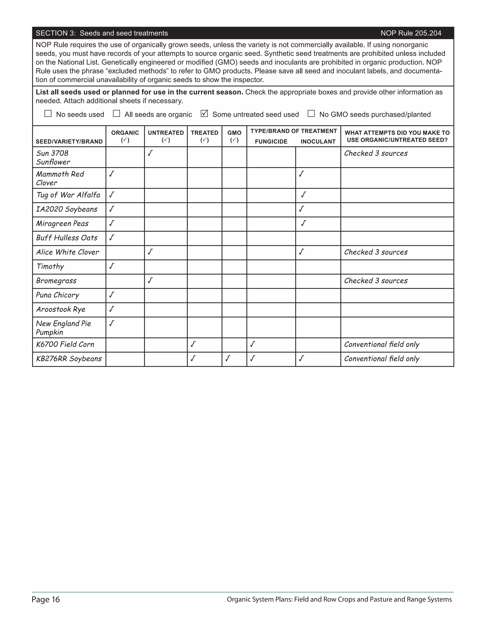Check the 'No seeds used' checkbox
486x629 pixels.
48,113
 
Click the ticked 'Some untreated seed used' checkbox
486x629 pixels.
204,113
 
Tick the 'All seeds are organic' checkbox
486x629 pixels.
116,113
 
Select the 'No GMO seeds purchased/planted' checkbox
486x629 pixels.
311,113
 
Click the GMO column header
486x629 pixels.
234,136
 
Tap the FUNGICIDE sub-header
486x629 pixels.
271,141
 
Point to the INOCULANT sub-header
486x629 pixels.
318,141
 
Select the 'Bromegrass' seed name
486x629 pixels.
56,281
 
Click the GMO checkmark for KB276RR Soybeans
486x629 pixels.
228,359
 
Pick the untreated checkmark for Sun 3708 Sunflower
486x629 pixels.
150,153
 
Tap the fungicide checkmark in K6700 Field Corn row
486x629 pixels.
252,344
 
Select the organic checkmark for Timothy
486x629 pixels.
112,266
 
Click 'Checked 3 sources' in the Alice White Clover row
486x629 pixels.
376,252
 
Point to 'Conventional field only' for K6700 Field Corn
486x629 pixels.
382,344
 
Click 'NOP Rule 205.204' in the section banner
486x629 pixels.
411,33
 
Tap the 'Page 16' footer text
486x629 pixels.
46,600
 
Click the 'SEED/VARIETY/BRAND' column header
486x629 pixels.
69,141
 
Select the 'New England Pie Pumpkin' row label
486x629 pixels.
63,328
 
